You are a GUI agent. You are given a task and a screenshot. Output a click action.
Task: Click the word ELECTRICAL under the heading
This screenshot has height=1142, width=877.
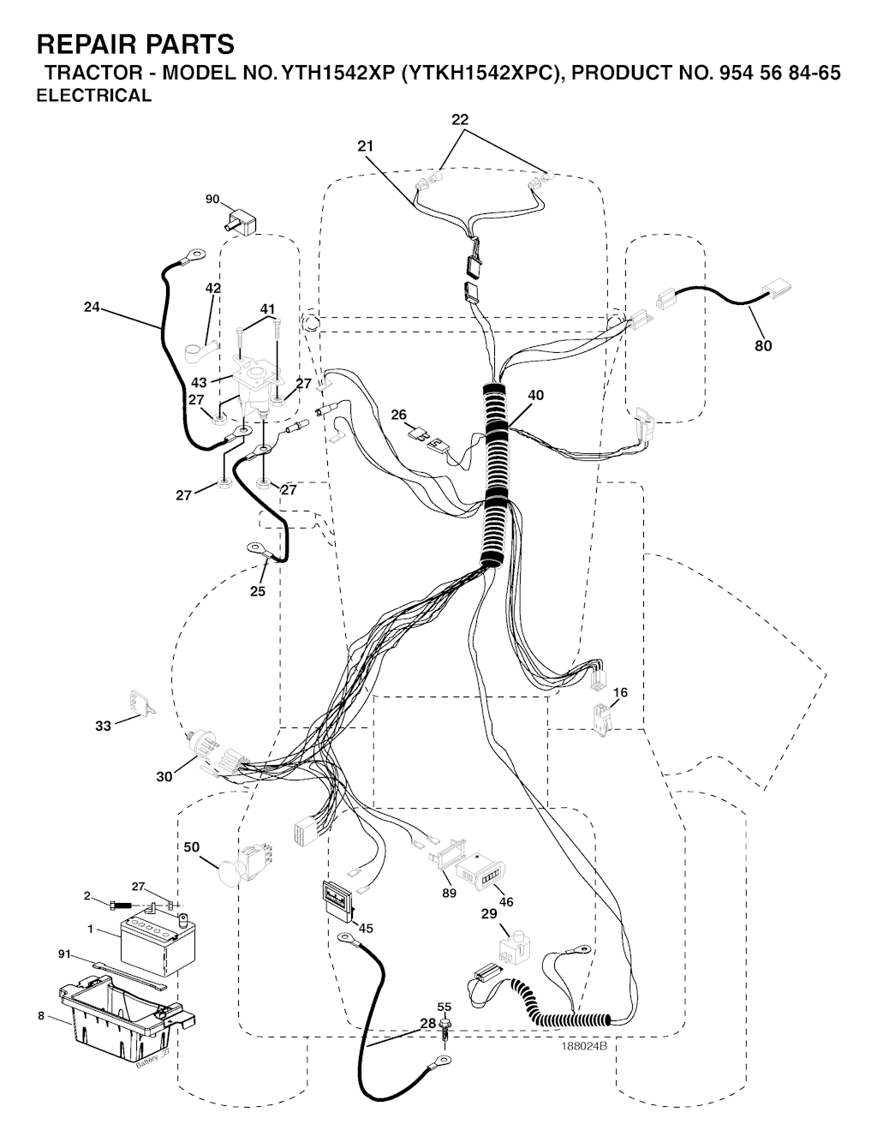pyautogui.click(x=93, y=95)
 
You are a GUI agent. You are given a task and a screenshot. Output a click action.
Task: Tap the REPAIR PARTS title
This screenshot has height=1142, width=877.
pyautogui.click(x=135, y=44)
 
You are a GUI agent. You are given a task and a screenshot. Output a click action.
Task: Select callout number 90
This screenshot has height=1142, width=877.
pyautogui.click(x=212, y=200)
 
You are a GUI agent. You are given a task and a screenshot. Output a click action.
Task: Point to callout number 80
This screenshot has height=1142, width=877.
pyautogui.click(x=762, y=345)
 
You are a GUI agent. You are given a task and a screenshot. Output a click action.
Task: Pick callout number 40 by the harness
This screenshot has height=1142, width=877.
pyautogui.click(x=535, y=395)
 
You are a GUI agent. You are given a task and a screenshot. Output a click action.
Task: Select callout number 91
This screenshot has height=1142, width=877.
pyautogui.click(x=63, y=954)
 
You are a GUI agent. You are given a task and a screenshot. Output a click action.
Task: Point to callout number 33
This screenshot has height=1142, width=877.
pyautogui.click(x=103, y=726)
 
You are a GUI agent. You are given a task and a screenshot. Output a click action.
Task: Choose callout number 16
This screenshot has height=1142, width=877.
pyautogui.click(x=620, y=692)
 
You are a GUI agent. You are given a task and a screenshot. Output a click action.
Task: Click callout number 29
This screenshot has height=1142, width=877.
pyautogui.click(x=488, y=913)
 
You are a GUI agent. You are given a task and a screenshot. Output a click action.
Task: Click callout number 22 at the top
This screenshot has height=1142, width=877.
pyautogui.click(x=460, y=119)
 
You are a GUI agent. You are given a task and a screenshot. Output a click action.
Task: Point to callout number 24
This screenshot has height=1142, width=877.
pyautogui.click(x=92, y=307)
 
